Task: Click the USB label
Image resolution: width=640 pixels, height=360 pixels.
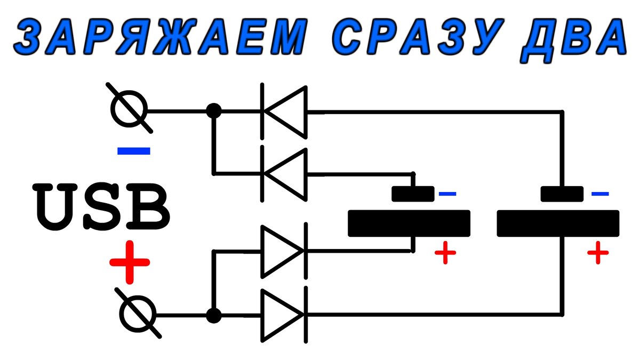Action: (x=101, y=205)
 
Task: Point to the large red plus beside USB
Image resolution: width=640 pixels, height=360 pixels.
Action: (x=129, y=262)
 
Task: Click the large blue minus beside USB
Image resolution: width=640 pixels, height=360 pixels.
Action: (x=133, y=151)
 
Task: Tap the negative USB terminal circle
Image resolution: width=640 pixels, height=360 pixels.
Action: (x=129, y=111)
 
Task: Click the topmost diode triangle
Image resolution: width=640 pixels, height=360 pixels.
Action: (x=285, y=111)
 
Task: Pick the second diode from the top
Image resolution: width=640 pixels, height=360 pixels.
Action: (x=285, y=174)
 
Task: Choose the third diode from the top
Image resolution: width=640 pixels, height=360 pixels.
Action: (x=283, y=251)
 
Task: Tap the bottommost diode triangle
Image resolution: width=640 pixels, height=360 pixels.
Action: (x=283, y=315)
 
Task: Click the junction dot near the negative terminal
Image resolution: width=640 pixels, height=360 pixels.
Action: (x=213, y=111)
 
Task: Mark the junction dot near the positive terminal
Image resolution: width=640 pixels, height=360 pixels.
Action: (x=213, y=315)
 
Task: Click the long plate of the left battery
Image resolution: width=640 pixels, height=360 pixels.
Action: (x=409, y=223)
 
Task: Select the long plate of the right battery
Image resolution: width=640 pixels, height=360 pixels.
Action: (x=558, y=223)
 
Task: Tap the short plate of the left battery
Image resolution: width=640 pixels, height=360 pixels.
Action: (x=413, y=194)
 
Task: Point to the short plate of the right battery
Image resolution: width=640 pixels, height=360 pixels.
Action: (x=562, y=194)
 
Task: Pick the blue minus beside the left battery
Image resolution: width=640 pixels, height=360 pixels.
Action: (x=447, y=194)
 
